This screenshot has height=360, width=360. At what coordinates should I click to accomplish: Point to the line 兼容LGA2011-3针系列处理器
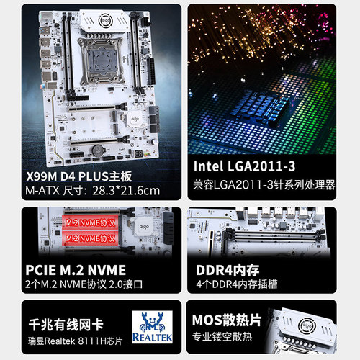click(x=265, y=185)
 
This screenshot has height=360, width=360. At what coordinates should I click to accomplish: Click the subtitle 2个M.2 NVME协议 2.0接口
click(x=82, y=284)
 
